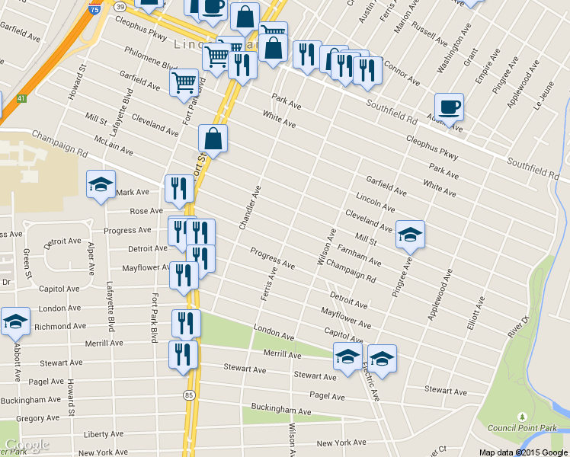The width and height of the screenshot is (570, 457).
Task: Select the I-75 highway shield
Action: [x=93, y=9]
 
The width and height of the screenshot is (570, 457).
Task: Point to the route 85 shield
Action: [x=188, y=395]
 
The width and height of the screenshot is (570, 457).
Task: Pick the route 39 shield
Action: [x=120, y=6]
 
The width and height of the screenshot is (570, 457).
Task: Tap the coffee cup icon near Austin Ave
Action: [x=449, y=107]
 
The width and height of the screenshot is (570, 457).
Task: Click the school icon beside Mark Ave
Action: [x=101, y=185]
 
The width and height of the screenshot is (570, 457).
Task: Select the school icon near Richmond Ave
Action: [x=15, y=322]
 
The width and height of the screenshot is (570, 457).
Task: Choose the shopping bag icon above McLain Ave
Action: [x=213, y=139]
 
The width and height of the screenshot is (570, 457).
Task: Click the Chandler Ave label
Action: [x=250, y=207]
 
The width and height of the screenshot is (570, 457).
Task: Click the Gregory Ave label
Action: [x=37, y=418]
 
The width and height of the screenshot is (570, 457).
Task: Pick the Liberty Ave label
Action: [x=103, y=434]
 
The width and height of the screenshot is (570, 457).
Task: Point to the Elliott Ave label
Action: [x=476, y=315]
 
